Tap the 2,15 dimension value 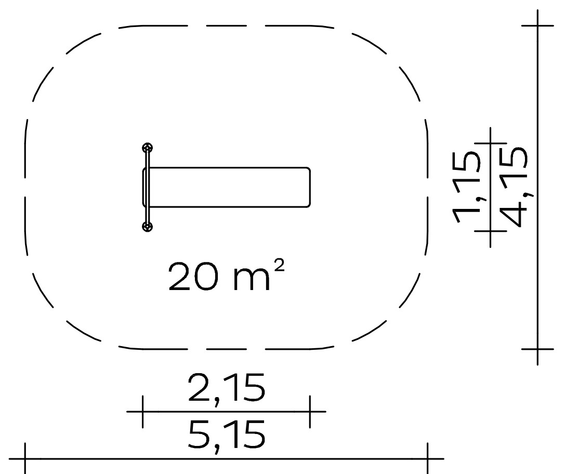[227, 389]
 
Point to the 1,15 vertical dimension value [466, 187]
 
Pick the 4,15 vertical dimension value [514, 187]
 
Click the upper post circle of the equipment [148, 148]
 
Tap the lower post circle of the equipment [148, 227]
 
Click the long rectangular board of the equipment [227, 187]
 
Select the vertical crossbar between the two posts [148, 187]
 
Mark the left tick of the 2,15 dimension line [143, 411]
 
